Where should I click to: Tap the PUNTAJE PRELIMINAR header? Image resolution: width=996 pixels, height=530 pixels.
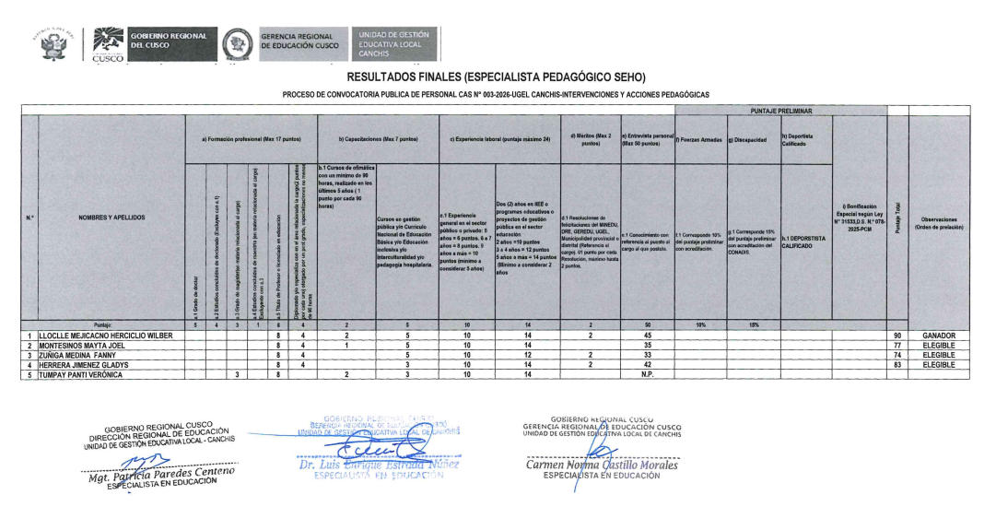pyautogui.click(x=779, y=111)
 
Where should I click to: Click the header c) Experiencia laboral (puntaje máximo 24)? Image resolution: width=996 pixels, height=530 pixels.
pyautogui.click(x=498, y=138)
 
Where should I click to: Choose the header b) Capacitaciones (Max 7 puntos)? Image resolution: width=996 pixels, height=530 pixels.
pyautogui.click(x=377, y=138)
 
